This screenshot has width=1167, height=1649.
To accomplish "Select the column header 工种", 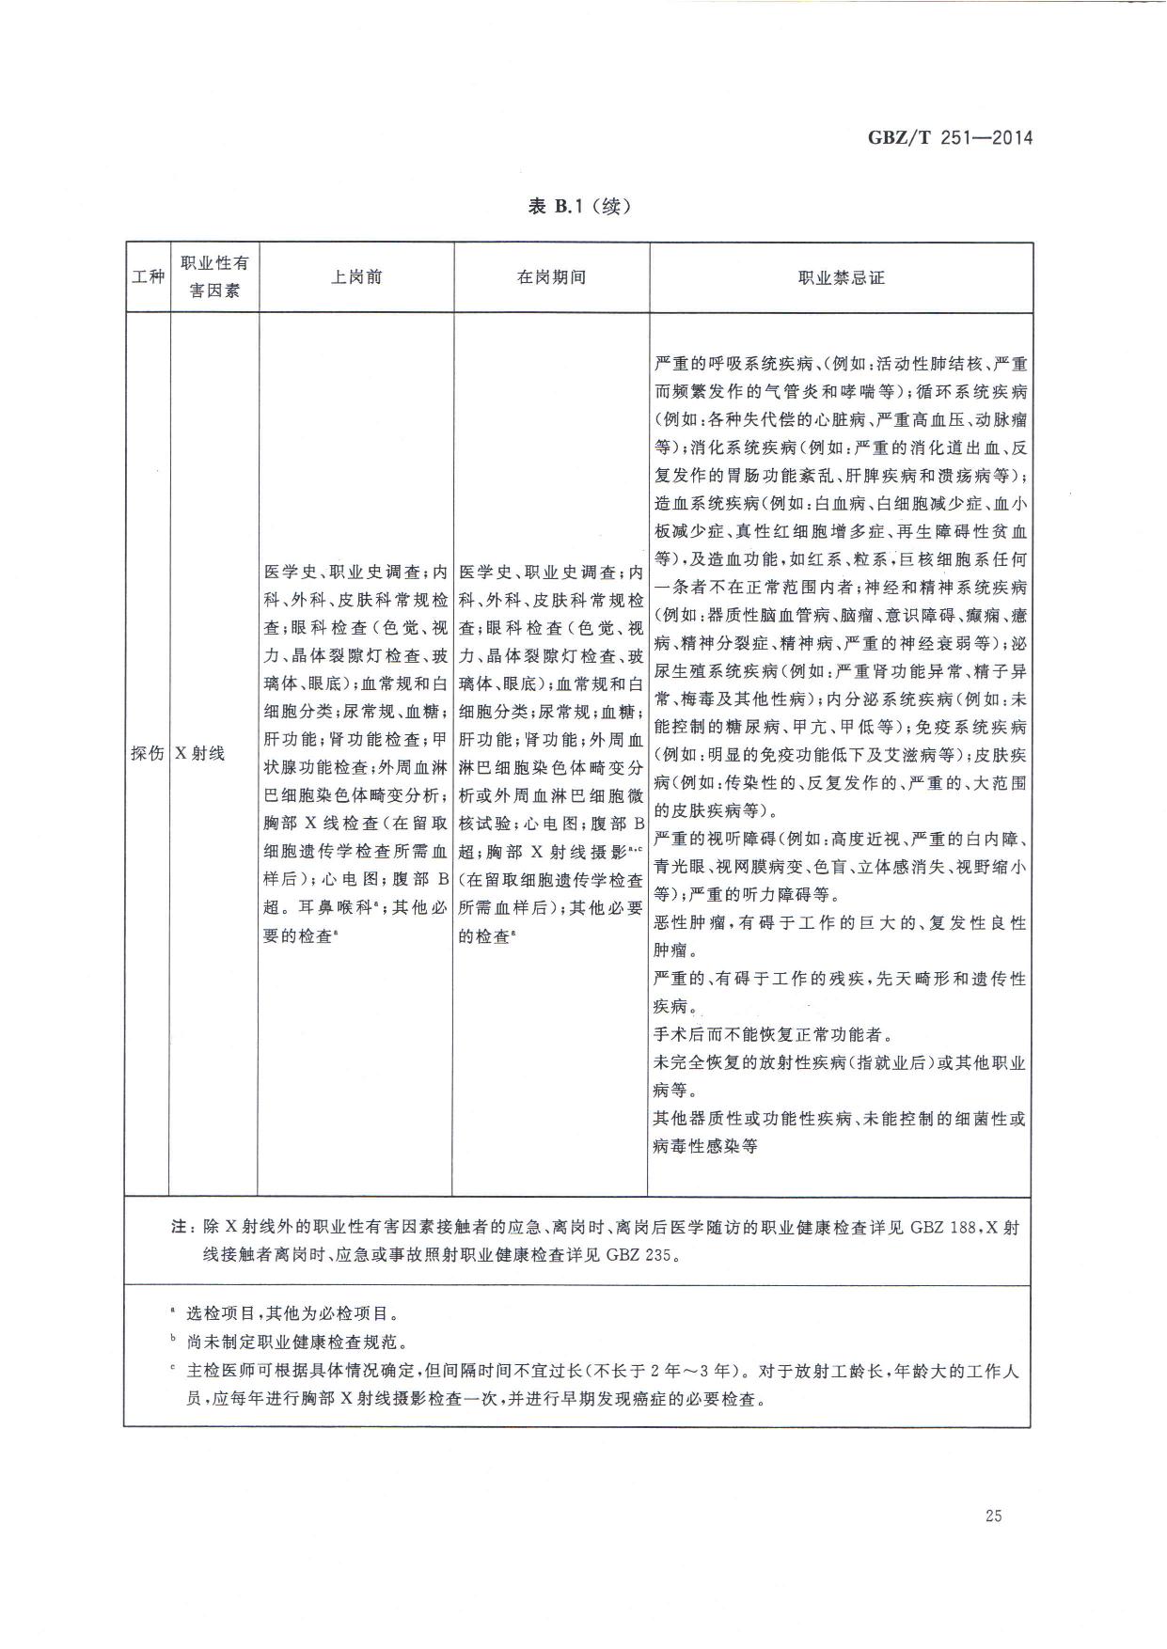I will [x=147, y=278].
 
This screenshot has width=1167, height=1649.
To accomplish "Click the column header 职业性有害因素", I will [x=214, y=277].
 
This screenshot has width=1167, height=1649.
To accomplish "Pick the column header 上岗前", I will [x=356, y=277].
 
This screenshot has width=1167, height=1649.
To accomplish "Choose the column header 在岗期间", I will [x=551, y=277].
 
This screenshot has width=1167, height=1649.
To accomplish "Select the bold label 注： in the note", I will [x=180, y=1228].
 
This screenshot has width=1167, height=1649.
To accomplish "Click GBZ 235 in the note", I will [x=639, y=1255].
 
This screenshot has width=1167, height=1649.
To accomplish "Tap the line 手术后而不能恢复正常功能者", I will [x=769, y=1035].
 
